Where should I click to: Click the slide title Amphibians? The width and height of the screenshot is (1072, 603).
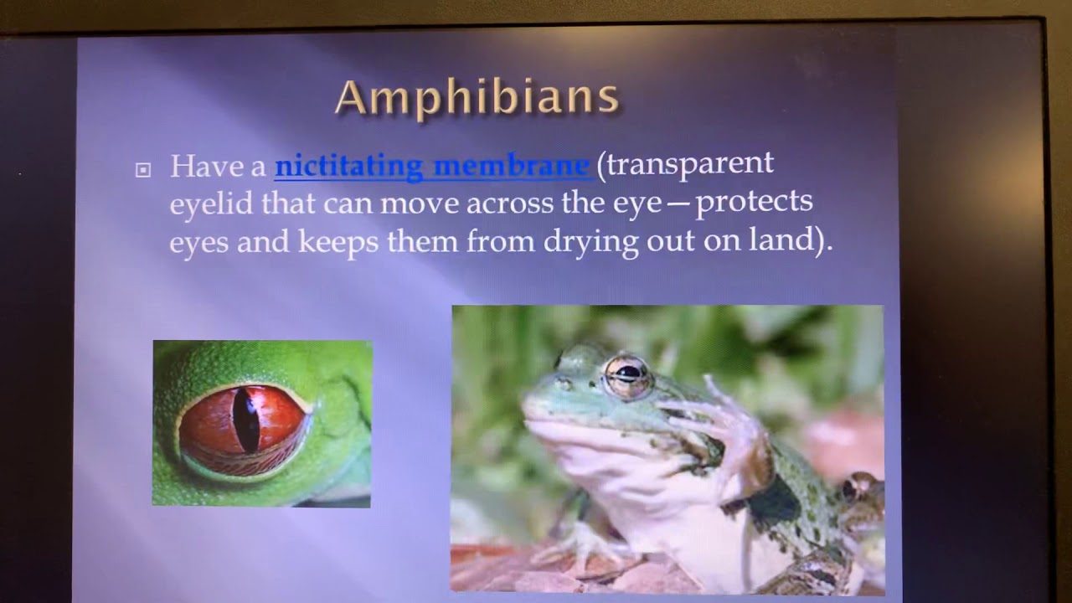(x=477, y=98)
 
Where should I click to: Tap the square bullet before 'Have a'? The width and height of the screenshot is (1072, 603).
(x=143, y=170)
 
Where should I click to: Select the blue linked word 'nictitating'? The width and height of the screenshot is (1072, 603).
(x=349, y=166)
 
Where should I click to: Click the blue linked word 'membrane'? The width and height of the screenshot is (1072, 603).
(x=511, y=166)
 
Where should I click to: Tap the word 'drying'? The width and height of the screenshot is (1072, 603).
(x=590, y=242)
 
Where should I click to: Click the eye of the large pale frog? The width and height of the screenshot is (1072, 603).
(x=628, y=374)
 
